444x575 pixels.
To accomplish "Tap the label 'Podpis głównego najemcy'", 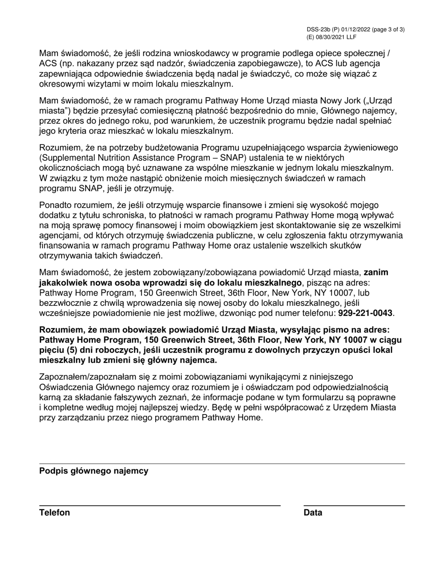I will [94, 471].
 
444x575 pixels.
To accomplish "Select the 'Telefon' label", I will [55, 513].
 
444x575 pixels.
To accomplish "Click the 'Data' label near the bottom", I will [313, 513].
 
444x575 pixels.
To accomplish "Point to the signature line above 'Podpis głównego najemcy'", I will [222, 464].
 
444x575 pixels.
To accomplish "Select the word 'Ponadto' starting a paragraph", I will [56, 205].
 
